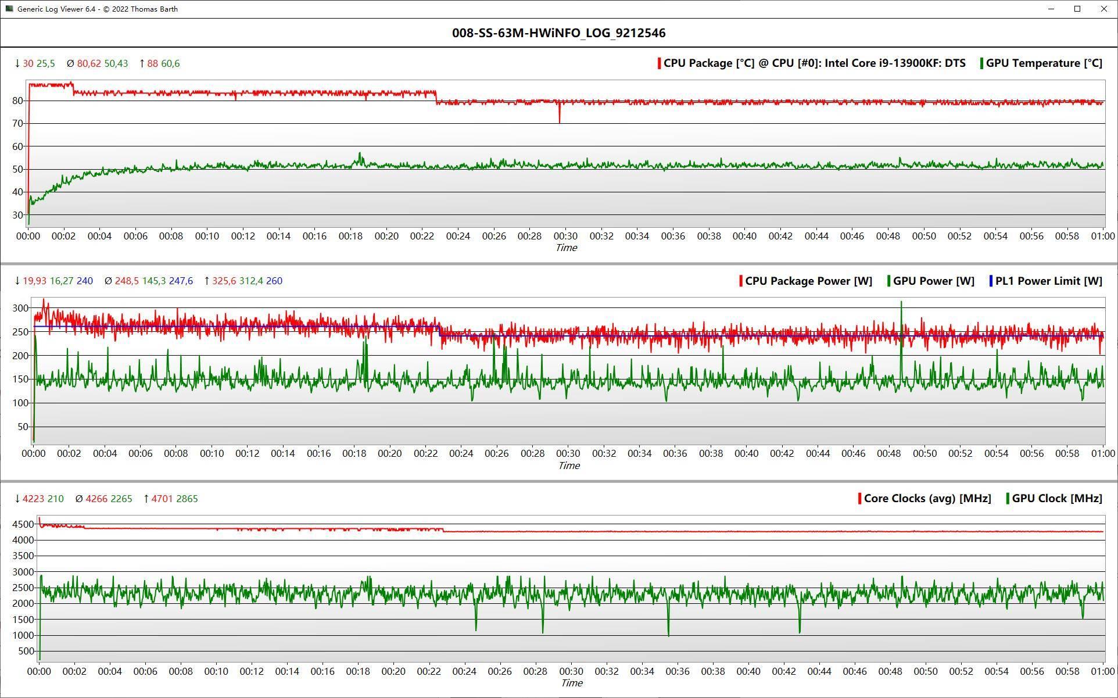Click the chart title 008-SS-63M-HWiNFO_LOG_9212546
tap(558, 33)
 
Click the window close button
tap(1104, 9)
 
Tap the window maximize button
tap(1077, 9)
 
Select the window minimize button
tap(1051, 9)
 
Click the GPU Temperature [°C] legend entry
tap(1041, 63)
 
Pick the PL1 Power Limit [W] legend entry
tap(1045, 281)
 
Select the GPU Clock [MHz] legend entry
tap(1054, 499)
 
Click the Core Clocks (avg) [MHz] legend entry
tap(924, 499)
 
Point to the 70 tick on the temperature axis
tap(17, 123)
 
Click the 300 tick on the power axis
tap(21, 308)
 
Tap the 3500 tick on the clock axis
tap(23, 556)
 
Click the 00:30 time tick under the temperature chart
tap(565, 237)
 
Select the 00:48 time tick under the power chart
tap(889, 453)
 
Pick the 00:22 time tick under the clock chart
tap(429, 671)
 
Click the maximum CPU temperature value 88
tap(152, 63)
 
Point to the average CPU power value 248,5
tap(127, 281)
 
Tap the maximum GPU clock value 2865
tap(187, 499)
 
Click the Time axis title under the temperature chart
tap(566, 248)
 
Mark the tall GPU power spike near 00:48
tap(901, 325)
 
